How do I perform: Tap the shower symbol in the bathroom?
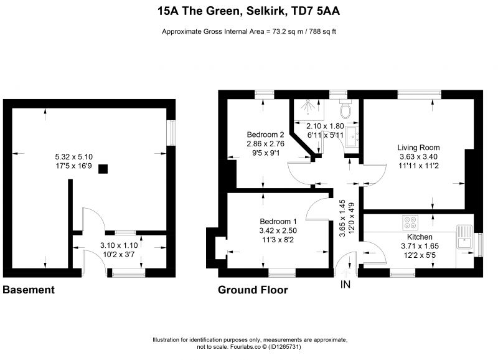pos(308,106)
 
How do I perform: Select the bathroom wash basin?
pos(352,137)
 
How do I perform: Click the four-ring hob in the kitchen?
pos(410,222)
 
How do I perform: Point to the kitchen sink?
pos(464,237)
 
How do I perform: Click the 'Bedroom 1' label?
pos(278,222)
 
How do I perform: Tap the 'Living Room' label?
pos(418,148)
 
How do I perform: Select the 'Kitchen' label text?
pos(420,237)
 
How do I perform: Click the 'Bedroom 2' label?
pos(266,135)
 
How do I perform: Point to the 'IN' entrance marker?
pos(345,285)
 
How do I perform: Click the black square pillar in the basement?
pos(103,169)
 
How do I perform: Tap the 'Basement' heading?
pos(29,290)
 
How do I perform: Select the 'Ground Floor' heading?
pos(253,290)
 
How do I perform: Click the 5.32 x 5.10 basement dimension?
pos(74,157)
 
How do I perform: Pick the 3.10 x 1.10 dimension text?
pos(119,245)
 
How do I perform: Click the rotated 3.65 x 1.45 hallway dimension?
pos(342,218)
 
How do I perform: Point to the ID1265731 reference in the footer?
pos(285,347)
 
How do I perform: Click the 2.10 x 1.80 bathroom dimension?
pos(325,126)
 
